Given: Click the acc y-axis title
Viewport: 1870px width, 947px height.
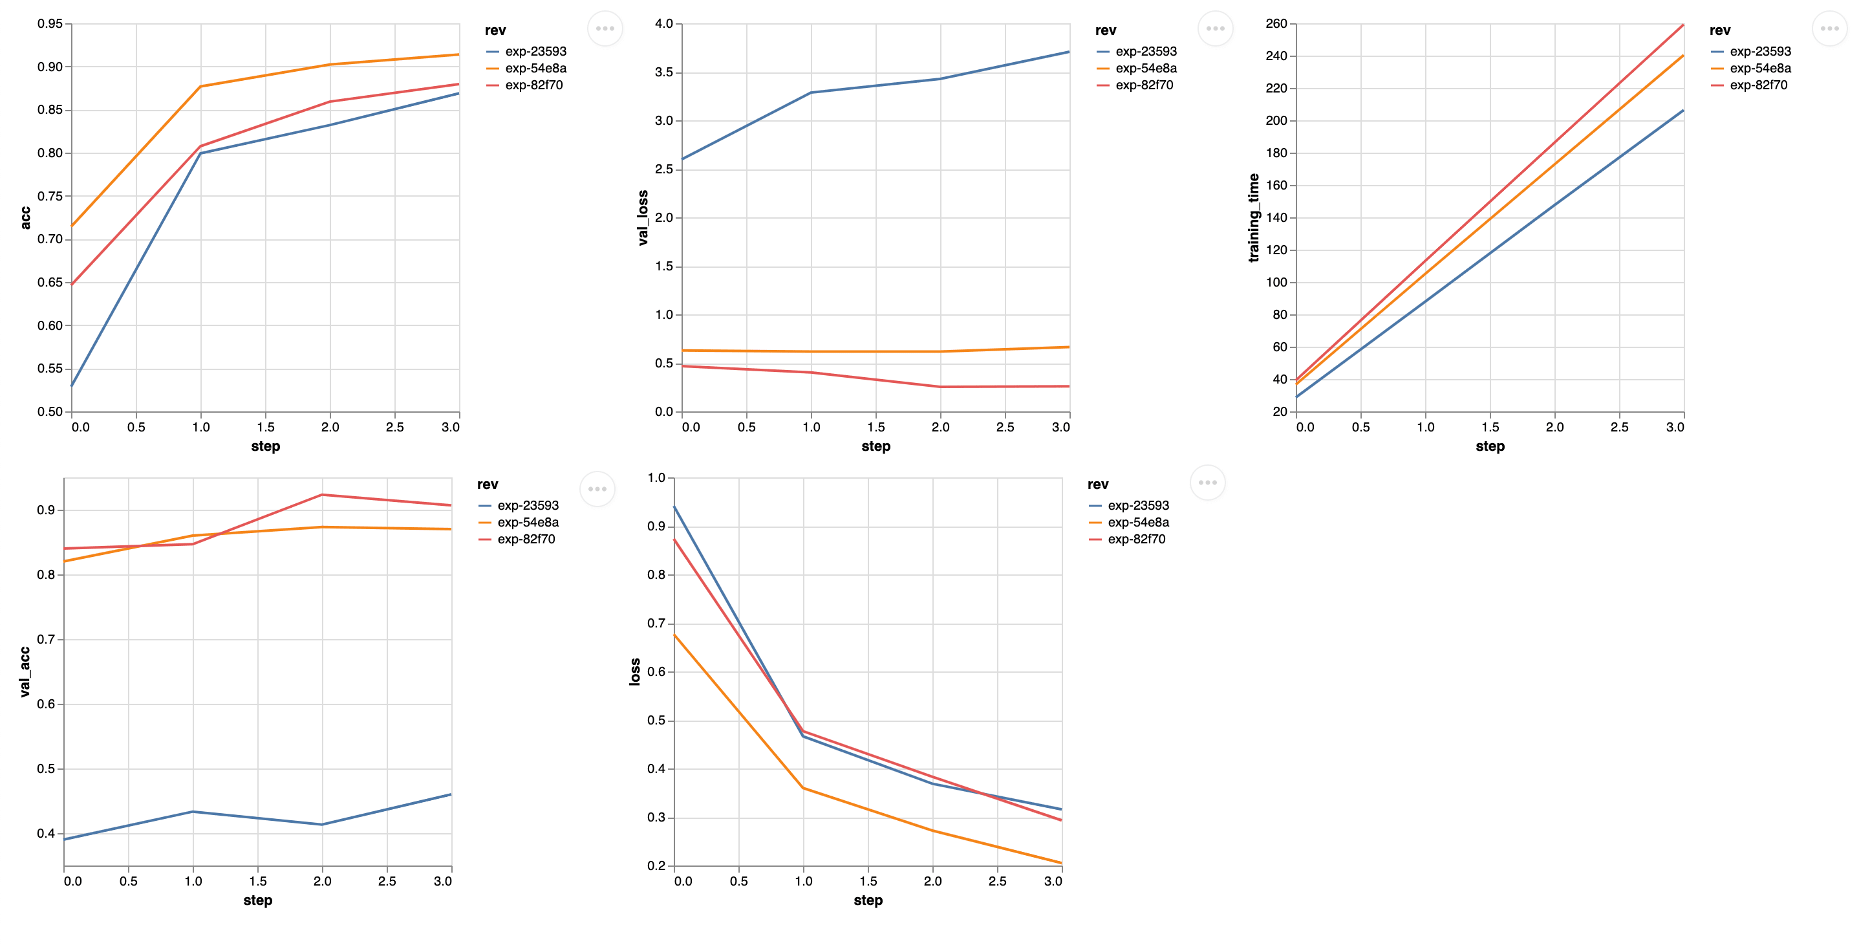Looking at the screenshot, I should pos(25,218).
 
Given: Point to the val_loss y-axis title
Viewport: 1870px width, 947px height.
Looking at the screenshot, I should pos(643,218).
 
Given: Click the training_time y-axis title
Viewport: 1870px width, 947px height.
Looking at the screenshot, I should pos(1254,218).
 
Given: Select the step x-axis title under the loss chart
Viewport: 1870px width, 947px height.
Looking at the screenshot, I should pos(868,900).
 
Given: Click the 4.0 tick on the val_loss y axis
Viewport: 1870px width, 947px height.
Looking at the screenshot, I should pos(663,24).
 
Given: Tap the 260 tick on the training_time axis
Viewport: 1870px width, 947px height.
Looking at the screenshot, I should pos(1276,24).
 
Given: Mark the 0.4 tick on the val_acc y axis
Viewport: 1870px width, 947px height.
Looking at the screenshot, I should pos(46,834).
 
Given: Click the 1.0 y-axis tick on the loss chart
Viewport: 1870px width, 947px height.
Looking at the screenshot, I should pos(656,478).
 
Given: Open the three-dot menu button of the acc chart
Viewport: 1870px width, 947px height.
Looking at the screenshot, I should pos(605,29).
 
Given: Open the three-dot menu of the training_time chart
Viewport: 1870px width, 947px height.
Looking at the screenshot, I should pos(1829,29).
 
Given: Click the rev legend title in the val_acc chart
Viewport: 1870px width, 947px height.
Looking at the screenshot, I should pos(487,484).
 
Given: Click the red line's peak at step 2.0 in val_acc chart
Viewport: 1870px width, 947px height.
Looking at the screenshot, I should pos(322,495).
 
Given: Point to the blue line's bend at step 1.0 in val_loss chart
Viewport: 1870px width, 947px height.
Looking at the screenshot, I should pos(811,93).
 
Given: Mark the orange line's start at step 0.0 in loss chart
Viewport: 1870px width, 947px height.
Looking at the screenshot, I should pos(675,635).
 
